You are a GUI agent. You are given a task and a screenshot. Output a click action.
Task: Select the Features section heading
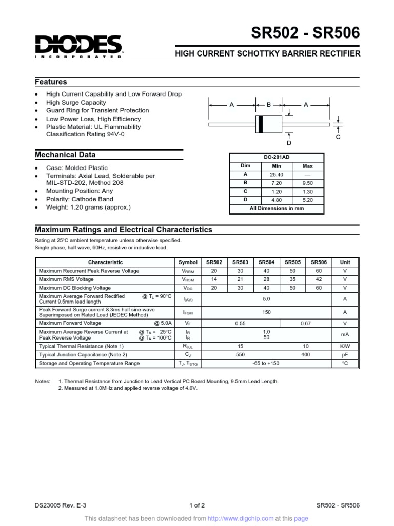point(51,82)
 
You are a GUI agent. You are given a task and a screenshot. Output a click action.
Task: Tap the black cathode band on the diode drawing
point(261,124)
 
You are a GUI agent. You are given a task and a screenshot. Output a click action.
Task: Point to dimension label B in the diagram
point(268,105)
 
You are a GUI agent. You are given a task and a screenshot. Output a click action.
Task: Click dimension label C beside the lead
point(338,137)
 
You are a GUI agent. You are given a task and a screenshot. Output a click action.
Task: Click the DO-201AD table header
point(276,158)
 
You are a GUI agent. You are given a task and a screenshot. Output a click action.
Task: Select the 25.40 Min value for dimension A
point(276,175)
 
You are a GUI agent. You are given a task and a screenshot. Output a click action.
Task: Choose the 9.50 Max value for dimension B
point(308,183)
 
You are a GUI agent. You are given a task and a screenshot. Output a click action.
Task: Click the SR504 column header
point(266,262)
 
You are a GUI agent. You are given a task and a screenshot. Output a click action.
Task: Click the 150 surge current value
point(266,312)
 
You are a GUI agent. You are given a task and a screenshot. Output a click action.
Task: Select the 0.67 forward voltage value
point(305,323)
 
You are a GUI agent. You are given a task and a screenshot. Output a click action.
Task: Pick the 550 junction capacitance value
point(240,355)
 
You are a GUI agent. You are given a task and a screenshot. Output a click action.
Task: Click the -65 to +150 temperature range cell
point(266,363)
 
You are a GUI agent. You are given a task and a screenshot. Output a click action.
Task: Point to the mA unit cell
point(345,335)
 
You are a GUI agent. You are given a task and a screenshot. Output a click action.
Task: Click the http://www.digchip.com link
point(244,519)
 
